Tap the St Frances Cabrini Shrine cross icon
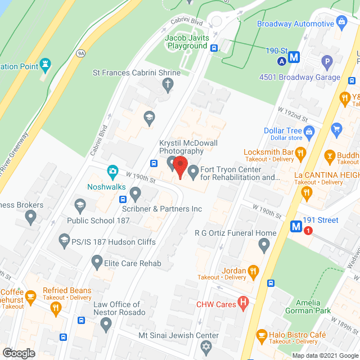coord(167,85)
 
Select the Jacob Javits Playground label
coord(186,42)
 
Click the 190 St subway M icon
coord(293,57)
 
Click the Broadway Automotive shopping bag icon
coord(341,22)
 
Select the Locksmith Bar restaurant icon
coord(301,152)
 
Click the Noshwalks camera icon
coord(112,170)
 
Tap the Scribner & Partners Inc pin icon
coord(135,195)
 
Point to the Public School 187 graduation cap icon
coord(79,204)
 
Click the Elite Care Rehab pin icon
coord(97,261)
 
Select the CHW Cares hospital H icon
coord(243,305)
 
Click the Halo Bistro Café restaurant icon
coord(262,336)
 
